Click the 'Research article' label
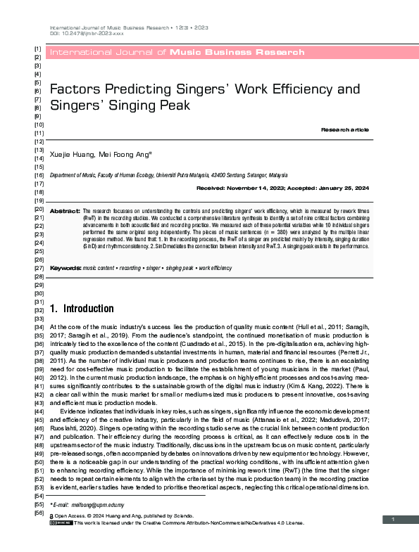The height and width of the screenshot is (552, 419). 344,130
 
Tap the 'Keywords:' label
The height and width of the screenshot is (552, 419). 65,269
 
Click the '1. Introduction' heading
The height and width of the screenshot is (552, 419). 82,308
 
